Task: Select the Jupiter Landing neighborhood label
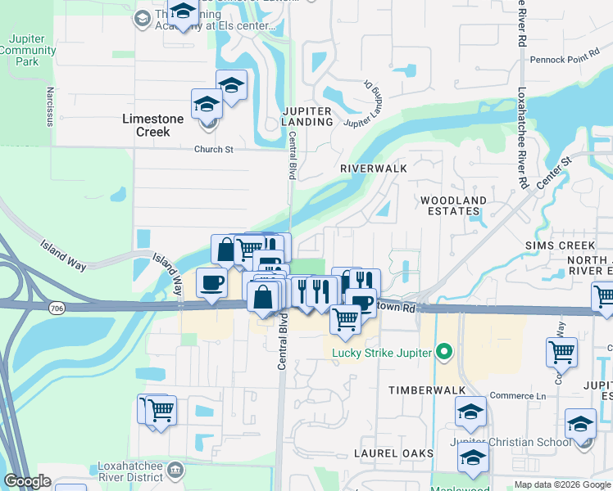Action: pyautogui.click(x=307, y=116)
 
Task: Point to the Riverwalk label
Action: pyautogui.click(x=374, y=167)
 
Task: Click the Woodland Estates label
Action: pyautogui.click(x=452, y=205)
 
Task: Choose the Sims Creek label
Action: pyautogui.click(x=560, y=245)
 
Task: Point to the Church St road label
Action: pyautogui.click(x=214, y=150)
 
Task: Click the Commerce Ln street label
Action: pyautogui.click(x=517, y=396)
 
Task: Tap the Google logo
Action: pyautogui.click(x=28, y=481)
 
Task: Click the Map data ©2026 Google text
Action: pyautogui.click(x=561, y=484)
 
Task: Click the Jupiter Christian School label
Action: pyautogui.click(x=511, y=442)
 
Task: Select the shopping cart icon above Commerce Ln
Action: pyautogui.click(x=561, y=352)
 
